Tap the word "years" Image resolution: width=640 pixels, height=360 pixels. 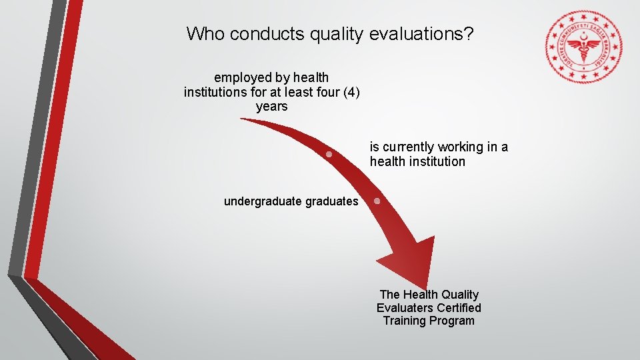(271, 107)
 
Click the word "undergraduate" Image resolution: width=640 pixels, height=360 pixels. (263, 201)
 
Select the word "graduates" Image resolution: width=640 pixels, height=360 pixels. (332, 201)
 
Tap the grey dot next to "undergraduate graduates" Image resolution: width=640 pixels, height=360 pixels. (377, 201)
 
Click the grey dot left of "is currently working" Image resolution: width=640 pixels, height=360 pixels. (329, 154)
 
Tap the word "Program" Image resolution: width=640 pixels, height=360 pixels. (452, 321)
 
